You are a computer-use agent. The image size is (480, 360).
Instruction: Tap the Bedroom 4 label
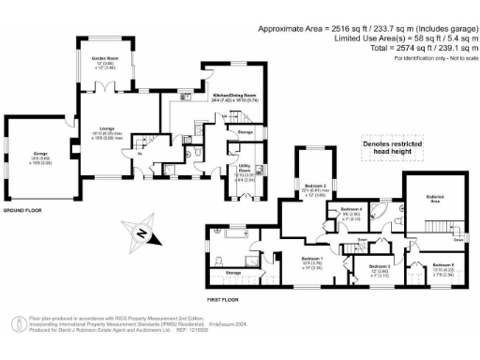[351, 211]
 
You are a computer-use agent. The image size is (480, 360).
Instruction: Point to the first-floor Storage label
[233, 272]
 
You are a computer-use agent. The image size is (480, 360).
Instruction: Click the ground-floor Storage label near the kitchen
[246, 133]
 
